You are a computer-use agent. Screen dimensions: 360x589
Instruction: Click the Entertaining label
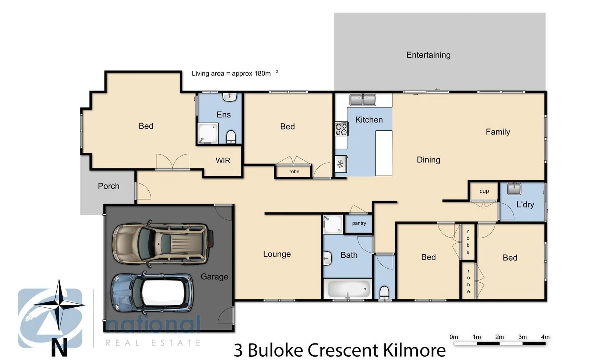coord(428,55)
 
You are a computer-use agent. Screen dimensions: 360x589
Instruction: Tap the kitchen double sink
coord(363,99)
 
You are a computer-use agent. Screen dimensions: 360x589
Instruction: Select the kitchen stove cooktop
coord(341,129)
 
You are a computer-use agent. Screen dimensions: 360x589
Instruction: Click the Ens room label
coord(223,114)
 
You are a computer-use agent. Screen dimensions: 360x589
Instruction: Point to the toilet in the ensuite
coord(231,136)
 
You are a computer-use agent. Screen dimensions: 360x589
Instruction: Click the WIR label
coord(223,160)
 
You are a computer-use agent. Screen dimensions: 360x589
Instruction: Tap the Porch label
coord(109,186)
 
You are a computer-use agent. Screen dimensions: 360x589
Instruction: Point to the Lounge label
coord(277,254)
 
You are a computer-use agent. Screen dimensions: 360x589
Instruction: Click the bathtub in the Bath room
coord(348,289)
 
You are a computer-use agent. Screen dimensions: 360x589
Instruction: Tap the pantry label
coord(359,223)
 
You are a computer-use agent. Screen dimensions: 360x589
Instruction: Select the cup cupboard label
coord(484,191)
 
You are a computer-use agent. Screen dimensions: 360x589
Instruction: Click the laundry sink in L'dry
coord(514,188)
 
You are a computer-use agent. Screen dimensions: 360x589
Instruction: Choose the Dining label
coord(428,160)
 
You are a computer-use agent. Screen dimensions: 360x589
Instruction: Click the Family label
coord(498,132)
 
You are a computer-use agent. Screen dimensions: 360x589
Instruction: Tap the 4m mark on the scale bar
coord(545,337)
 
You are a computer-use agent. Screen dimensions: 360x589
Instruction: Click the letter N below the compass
coord(59,347)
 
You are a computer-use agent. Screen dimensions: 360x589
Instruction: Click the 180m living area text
coord(262,73)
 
